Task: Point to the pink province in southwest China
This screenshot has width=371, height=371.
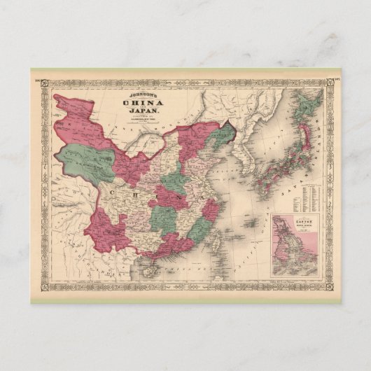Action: (105, 224)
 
